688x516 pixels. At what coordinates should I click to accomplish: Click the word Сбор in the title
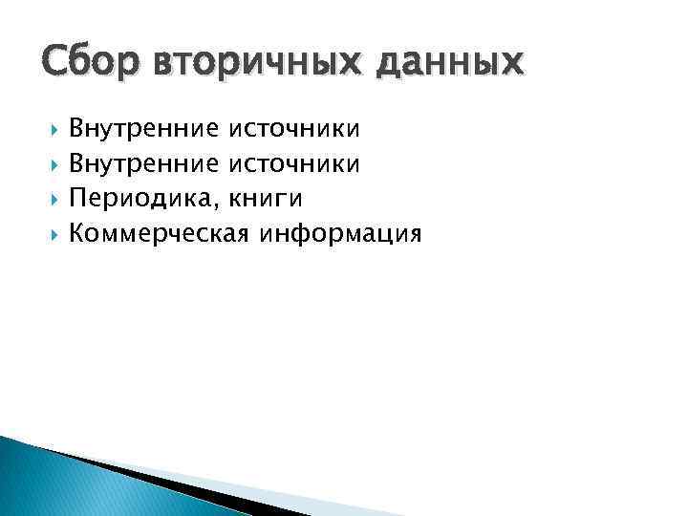click(x=79, y=64)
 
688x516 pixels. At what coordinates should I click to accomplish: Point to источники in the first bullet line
click(x=293, y=127)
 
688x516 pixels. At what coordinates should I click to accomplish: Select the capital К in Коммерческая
click(x=78, y=233)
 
